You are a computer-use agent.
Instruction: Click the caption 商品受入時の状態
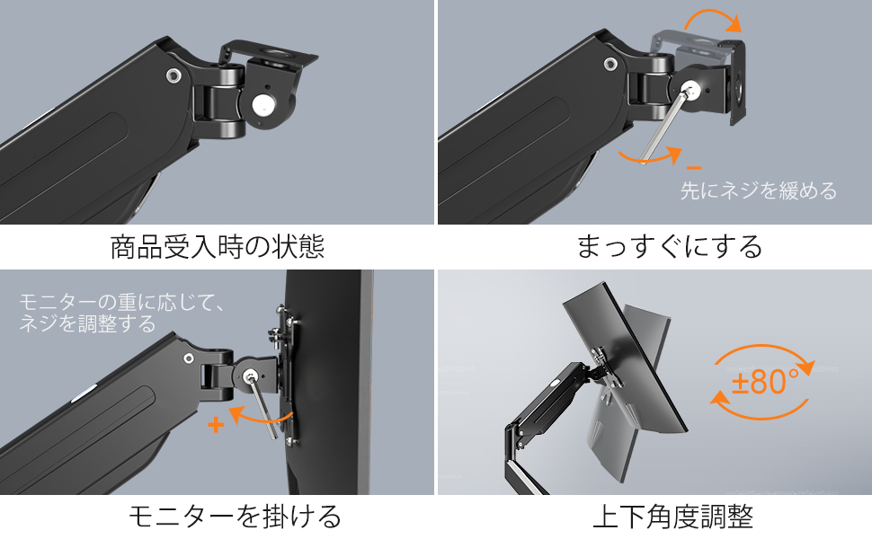click(217, 247)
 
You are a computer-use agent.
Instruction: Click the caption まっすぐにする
click(669, 247)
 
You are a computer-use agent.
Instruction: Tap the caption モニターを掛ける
click(235, 517)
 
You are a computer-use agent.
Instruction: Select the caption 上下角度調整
click(673, 517)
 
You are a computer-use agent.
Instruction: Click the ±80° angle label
click(765, 382)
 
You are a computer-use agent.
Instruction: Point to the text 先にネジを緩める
click(759, 190)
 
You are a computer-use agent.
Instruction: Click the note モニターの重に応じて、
click(122, 302)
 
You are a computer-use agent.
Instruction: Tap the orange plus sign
click(216, 425)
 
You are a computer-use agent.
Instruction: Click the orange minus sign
click(693, 167)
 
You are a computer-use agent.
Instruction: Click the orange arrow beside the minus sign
click(651, 157)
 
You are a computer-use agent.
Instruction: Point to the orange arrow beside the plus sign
click(261, 417)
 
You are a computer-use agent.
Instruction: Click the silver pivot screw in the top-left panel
click(174, 75)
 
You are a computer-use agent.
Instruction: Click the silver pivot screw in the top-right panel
click(610, 65)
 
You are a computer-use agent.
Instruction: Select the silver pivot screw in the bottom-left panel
click(189, 358)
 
